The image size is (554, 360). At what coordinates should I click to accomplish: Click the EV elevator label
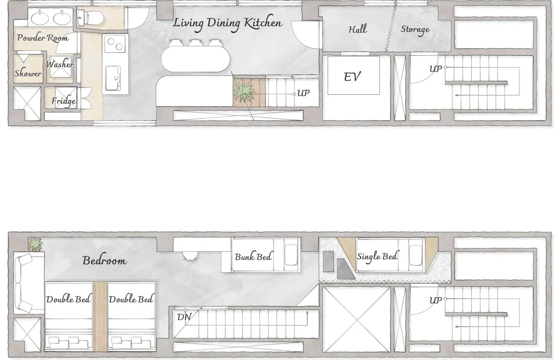[352, 76]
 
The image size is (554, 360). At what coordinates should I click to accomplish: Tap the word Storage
[415, 29]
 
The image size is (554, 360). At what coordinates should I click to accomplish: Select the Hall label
[358, 29]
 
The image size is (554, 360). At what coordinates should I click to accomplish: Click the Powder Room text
[43, 38]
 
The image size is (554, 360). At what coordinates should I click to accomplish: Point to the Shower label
[28, 73]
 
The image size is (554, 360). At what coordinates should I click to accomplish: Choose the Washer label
[60, 64]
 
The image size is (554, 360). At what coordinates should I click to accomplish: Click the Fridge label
[64, 101]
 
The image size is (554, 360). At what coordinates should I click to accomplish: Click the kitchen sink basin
[113, 78]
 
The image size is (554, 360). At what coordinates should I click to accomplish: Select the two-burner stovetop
[116, 44]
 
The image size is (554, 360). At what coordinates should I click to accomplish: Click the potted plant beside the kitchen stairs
[243, 91]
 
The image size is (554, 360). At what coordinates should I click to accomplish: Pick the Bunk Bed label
[253, 257]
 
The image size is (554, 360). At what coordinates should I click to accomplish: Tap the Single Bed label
[377, 256]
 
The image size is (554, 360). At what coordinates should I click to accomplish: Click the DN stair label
[184, 317]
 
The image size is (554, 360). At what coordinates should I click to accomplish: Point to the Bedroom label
[104, 260]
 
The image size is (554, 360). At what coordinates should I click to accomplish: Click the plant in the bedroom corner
[35, 244]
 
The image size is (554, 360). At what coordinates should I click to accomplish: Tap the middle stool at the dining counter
[195, 43]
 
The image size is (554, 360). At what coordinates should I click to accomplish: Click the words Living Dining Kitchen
[228, 23]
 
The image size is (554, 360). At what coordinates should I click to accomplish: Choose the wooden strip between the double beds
[100, 316]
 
